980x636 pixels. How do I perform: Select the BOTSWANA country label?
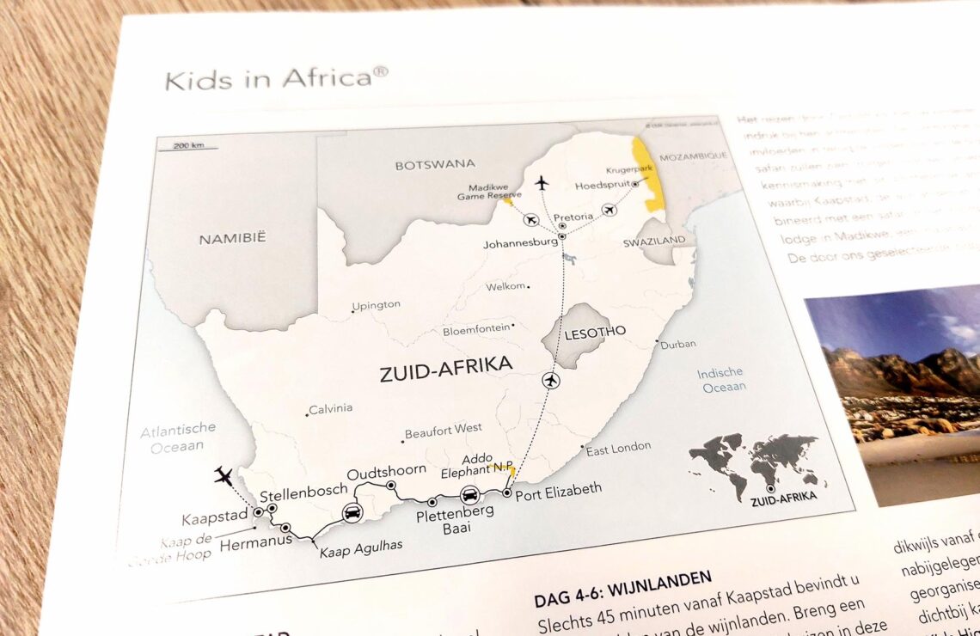(434, 164)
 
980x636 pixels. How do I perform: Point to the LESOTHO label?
(595, 331)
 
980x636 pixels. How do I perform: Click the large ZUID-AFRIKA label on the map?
(445, 367)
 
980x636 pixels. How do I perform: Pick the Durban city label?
(677, 344)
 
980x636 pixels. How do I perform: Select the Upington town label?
(377, 304)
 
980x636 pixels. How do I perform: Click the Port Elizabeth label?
(560, 489)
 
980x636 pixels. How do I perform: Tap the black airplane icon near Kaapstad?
(224, 474)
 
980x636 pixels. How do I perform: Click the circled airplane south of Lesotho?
(551, 380)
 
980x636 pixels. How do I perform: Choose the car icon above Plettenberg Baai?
(469, 494)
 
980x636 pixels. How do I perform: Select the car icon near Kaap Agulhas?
(352, 512)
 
